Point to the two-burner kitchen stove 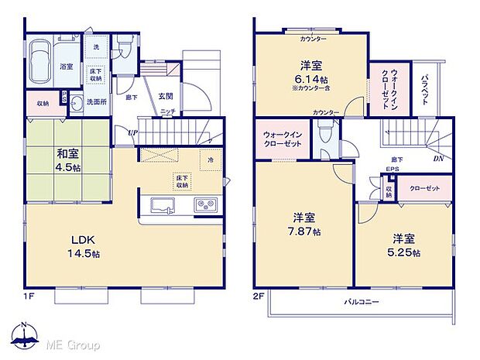click(x=206, y=205)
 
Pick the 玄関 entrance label click(x=166, y=95)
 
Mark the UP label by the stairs click(x=133, y=132)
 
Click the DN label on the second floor click(x=439, y=159)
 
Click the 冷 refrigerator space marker click(x=210, y=160)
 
